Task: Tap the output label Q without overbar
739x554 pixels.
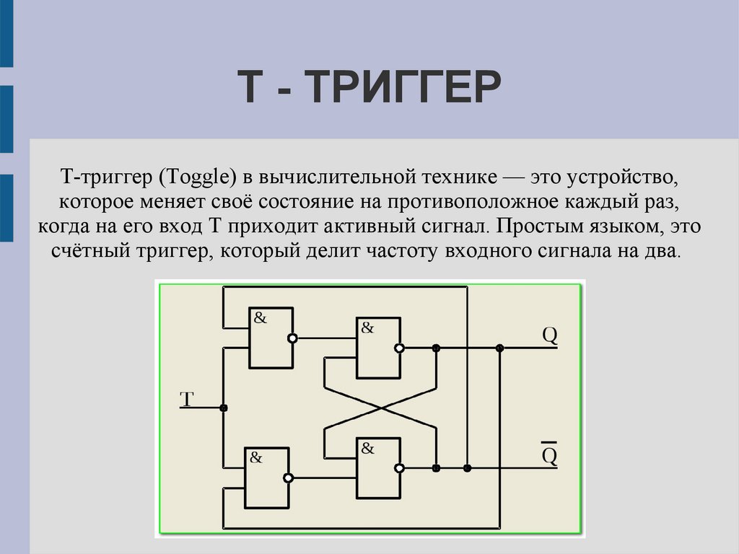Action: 550,336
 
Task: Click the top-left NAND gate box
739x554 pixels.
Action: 271,337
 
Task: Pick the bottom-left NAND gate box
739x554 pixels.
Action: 267,477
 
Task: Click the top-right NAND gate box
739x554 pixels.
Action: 378,348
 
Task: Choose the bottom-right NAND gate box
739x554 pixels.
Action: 378,467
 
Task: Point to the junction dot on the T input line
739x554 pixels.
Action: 224,408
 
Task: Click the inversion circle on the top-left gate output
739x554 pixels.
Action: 292,338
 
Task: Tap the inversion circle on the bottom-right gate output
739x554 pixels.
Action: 400,468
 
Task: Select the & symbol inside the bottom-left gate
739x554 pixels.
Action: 256,457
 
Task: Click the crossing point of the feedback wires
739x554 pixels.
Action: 380,408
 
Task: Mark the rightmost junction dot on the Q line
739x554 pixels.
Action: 499,348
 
